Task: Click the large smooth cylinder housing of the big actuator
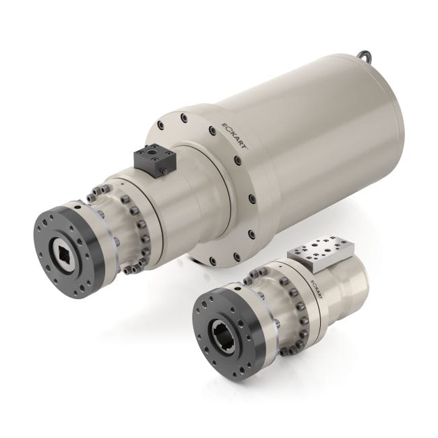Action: click(x=317, y=135)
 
